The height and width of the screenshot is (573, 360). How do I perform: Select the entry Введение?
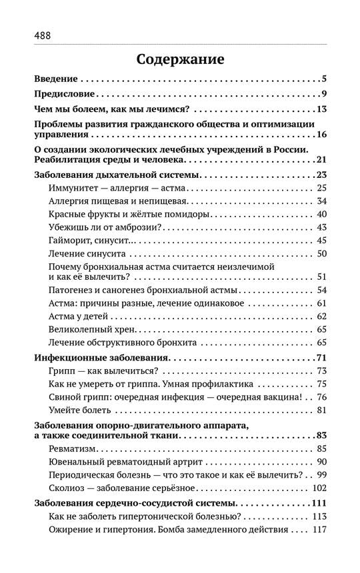tap(56, 79)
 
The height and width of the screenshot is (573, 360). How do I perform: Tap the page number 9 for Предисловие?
tap(322, 94)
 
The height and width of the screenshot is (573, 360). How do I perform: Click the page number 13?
tap(320, 109)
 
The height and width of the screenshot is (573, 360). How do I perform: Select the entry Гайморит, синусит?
tap(91, 241)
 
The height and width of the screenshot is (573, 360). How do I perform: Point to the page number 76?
tap(320, 396)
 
